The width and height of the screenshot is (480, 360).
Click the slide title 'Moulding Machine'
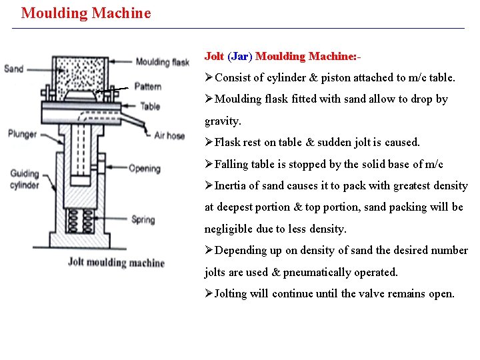click(86, 13)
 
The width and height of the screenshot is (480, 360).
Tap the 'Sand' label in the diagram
click(13, 69)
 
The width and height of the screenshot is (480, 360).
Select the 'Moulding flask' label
click(162, 62)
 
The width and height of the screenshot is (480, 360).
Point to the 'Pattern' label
click(147, 86)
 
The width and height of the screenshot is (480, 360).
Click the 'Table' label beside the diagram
click(150, 105)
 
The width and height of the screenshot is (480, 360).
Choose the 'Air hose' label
click(169, 135)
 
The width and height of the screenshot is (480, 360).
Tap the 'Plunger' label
click(22, 134)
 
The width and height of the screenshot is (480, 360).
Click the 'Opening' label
click(144, 169)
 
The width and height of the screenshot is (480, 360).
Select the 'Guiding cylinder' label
click(25, 179)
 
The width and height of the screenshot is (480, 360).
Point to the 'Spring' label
click(143, 219)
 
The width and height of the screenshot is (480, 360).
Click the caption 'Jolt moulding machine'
click(116, 262)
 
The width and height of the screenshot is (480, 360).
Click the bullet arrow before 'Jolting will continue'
click(209, 293)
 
